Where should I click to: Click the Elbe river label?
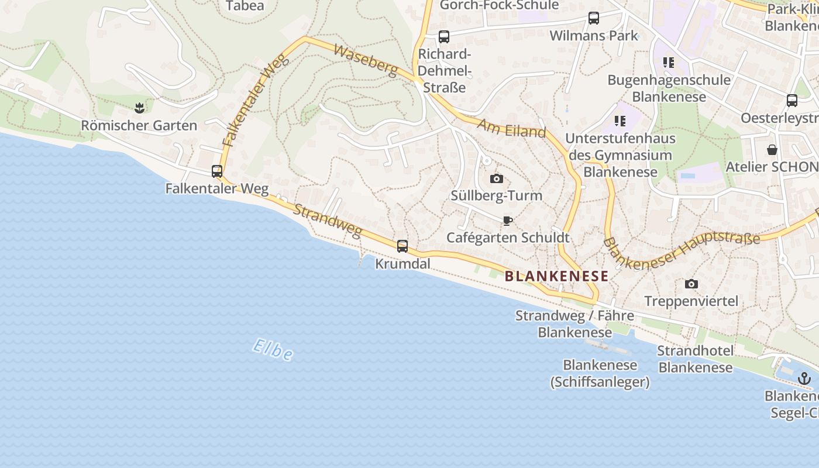(x=273, y=350)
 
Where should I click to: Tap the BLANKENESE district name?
(x=556, y=276)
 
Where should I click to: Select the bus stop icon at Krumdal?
(x=402, y=246)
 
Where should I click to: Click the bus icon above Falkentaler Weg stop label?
(x=217, y=171)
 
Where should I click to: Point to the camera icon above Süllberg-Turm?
(x=496, y=178)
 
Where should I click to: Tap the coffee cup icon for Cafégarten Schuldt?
(x=508, y=221)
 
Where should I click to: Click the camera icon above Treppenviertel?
(x=691, y=284)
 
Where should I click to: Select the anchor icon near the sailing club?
(x=805, y=378)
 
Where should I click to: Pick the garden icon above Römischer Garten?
(x=139, y=108)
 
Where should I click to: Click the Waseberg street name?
(x=366, y=60)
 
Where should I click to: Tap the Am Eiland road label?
(x=511, y=128)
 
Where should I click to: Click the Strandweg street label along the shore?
(x=327, y=221)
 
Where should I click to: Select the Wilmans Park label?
(x=594, y=36)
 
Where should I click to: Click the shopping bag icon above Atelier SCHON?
(x=772, y=150)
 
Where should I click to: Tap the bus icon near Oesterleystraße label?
(x=792, y=101)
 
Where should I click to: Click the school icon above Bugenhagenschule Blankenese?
(x=669, y=62)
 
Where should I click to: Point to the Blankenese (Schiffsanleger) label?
(x=600, y=374)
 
